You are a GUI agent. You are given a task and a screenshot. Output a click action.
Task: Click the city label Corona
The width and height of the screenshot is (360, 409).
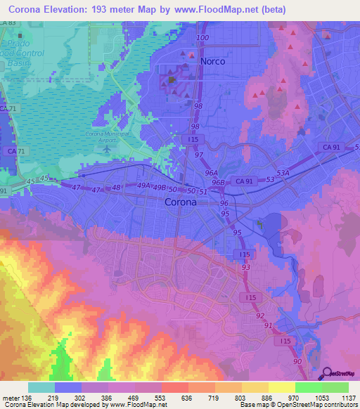(181, 202)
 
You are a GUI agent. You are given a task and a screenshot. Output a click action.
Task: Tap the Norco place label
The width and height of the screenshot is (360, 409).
(212, 61)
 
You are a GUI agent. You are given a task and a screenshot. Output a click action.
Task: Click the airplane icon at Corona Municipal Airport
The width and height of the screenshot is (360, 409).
(108, 149)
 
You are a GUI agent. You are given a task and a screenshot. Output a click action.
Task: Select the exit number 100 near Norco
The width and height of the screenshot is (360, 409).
(203, 37)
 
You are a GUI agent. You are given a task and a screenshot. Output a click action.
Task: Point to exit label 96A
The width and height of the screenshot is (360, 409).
(210, 171)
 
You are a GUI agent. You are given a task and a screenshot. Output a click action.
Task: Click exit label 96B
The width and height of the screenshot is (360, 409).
(218, 182)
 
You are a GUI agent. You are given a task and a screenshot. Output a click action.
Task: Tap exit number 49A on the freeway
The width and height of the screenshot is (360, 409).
(144, 186)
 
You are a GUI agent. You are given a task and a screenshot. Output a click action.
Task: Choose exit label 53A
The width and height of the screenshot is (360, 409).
(283, 171)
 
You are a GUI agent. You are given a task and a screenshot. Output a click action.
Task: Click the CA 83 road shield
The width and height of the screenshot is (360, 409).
(8, 23)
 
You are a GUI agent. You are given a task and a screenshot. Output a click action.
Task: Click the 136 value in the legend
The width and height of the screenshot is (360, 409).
(27, 398)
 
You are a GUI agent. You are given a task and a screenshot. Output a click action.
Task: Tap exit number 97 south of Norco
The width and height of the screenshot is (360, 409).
(200, 154)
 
